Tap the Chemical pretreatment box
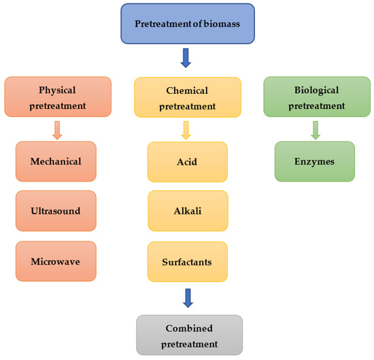click(188, 98)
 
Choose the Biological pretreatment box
click(314, 97)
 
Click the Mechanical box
click(56, 162)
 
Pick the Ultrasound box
click(56, 211)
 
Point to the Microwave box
click(56, 261)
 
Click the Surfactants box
click(187, 261)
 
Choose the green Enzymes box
click(314, 162)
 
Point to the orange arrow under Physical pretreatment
click(57, 130)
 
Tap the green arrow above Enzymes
click(315, 130)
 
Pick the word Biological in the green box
click(314, 90)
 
